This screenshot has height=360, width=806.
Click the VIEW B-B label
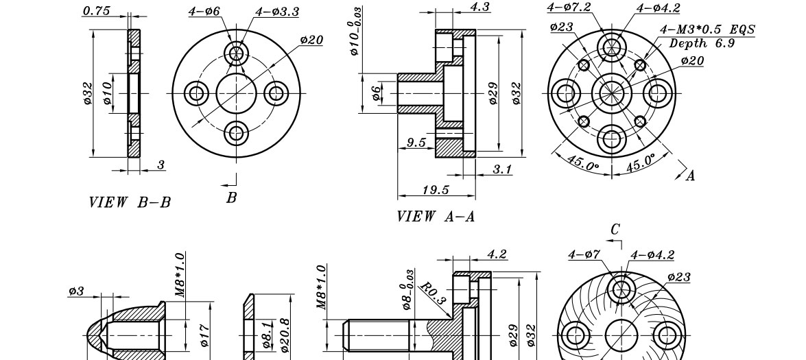click(x=130, y=202)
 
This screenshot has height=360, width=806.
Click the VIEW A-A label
click(x=436, y=217)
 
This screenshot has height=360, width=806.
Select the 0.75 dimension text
click(x=97, y=10)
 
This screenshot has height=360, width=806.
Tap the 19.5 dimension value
click(x=436, y=190)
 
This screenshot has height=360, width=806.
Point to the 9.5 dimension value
click(x=416, y=143)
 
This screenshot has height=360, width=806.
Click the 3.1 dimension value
click(x=503, y=169)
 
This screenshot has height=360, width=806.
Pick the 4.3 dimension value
click(x=480, y=7)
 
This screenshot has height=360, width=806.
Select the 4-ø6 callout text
click(x=204, y=12)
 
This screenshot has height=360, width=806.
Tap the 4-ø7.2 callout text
click(x=569, y=7)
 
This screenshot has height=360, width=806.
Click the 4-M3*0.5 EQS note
click(x=707, y=29)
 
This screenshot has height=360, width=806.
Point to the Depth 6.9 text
click(x=702, y=43)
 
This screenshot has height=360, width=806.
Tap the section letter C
click(x=615, y=230)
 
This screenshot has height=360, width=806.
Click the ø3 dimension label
click(x=76, y=291)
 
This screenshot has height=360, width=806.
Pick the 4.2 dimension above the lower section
click(x=497, y=254)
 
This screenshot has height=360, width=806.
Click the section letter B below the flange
click(x=232, y=197)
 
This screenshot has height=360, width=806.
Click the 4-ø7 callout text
click(x=585, y=255)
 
